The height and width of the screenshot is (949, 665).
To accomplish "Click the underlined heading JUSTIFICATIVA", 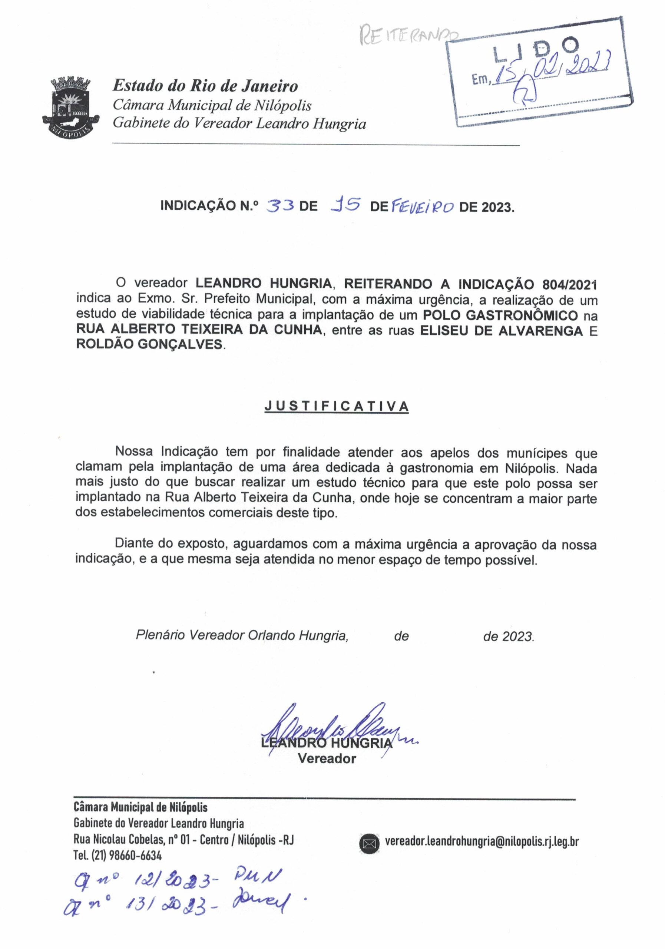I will tap(337, 406).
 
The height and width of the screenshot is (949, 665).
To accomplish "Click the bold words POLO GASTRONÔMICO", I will tap(500, 315).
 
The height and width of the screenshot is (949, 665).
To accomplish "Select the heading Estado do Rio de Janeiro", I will tap(205, 86).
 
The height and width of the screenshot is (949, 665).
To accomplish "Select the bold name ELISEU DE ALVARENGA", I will tap(501, 331).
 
